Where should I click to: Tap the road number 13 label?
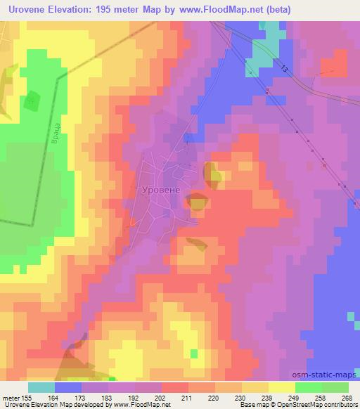(283, 68)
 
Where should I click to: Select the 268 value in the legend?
(348, 397)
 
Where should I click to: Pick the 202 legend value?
(162, 397)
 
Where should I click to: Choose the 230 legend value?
(242, 397)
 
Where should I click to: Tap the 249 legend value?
(295, 397)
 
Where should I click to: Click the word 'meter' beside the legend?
(11, 397)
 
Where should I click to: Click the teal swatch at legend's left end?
(41, 387)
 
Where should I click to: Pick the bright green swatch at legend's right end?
(335, 387)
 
